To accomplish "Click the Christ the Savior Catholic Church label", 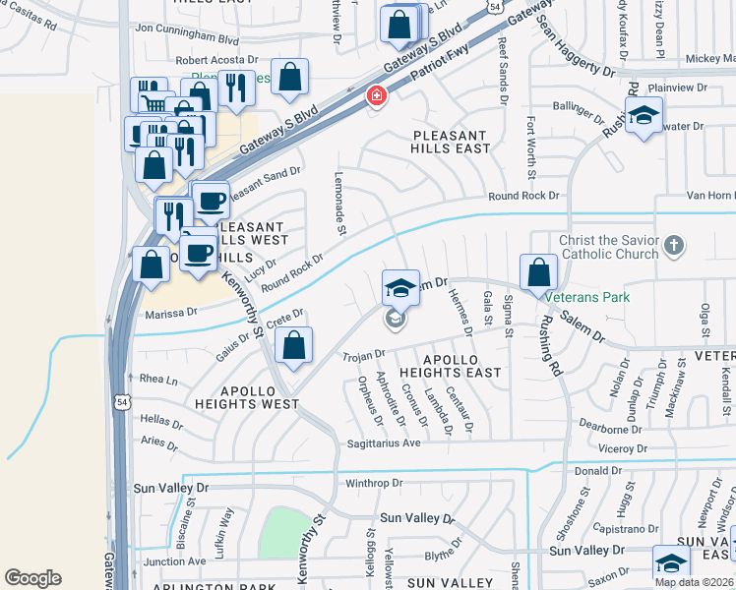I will (608, 248).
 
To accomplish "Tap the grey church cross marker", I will (674, 245).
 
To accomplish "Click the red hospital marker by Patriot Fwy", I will (375, 95).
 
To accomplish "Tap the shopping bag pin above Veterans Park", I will (538, 272).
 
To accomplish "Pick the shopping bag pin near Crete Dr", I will (293, 346).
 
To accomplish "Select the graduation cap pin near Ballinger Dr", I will (644, 116).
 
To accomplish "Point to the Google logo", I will (32, 578).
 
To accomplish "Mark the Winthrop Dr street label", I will (374, 483).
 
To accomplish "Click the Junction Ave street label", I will (174, 561).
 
